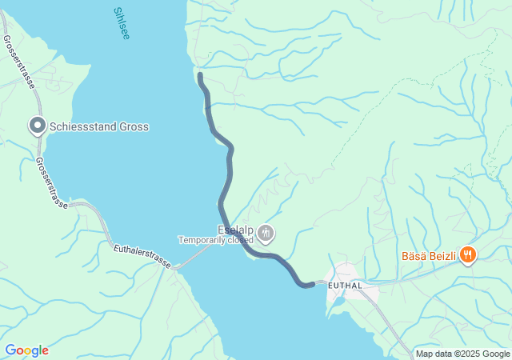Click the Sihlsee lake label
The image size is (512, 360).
pos(121,25)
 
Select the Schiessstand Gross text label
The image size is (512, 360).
pos(99,126)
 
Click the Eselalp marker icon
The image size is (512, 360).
pos(266,234)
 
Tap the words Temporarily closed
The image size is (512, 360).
pos(215,240)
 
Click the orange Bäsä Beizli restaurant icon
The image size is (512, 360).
pos(468,256)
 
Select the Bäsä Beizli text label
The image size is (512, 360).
pos(428,257)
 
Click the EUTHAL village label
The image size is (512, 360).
pos(345,286)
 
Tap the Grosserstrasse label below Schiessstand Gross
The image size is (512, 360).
pos(50,182)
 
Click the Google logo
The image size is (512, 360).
pos(26,350)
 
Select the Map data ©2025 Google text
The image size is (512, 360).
pos(462,354)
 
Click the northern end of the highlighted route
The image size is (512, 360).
pos(200,75)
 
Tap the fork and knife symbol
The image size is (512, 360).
pos(468,256)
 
